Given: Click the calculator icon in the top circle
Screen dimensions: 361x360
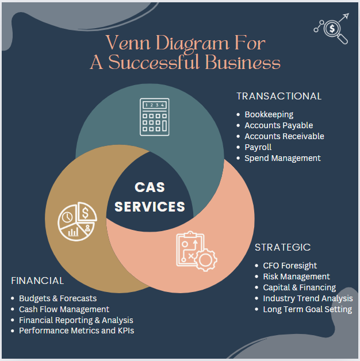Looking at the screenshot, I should pyautogui.click(x=154, y=116).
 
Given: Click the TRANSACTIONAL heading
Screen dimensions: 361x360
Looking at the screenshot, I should pyautogui.click(x=279, y=96).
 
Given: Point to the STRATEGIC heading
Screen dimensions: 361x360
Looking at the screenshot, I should pyautogui.click(x=282, y=247).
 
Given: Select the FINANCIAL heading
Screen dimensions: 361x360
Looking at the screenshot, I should pyautogui.click(x=37, y=281).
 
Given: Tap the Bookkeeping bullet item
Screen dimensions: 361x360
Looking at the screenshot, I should pyautogui.click(x=269, y=114).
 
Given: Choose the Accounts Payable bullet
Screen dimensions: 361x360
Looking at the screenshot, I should pyautogui.click(x=278, y=125).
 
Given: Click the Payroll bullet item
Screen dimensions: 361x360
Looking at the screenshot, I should pyautogui.click(x=258, y=147).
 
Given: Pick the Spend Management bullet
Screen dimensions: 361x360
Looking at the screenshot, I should pyautogui.click(x=282, y=158).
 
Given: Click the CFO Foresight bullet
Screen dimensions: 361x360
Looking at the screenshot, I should pyautogui.click(x=290, y=266).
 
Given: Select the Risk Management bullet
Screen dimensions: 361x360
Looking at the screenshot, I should pyautogui.click(x=296, y=276).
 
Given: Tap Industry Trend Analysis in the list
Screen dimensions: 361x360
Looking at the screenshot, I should pyautogui.click(x=308, y=298).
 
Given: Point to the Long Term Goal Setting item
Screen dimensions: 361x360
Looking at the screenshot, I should pyautogui.click(x=307, y=309).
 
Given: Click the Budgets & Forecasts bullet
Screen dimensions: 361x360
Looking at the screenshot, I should pyautogui.click(x=58, y=298).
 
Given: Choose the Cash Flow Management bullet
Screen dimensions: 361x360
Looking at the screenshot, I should pyautogui.click(x=64, y=309).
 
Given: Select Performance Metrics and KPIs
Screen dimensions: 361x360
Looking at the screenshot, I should pyautogui.click(x=76, y=331).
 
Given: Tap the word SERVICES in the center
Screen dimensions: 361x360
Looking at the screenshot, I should pyautogui.click(x=150, y=206).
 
